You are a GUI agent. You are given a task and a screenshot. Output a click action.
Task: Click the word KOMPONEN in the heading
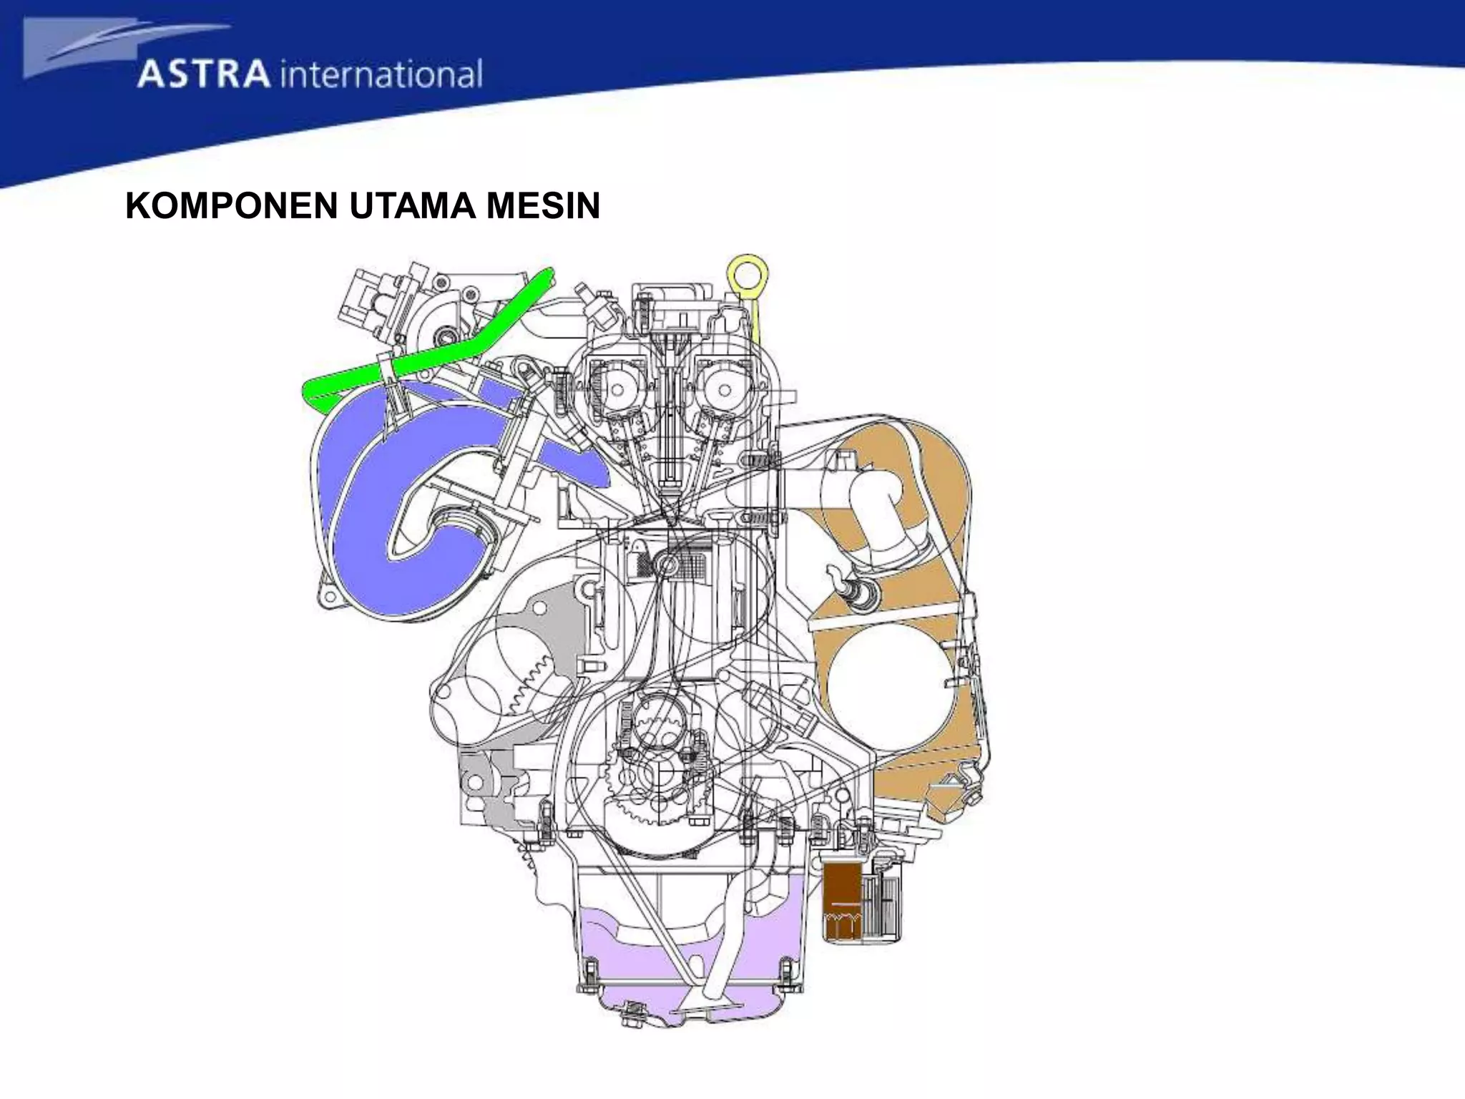(x=231, y=206)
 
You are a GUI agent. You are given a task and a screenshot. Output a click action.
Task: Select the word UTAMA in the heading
(x=412, y=206)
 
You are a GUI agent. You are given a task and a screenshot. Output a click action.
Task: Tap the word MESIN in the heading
(x=543, y=206)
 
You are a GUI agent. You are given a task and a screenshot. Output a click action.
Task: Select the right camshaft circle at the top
(x=725, y=391)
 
